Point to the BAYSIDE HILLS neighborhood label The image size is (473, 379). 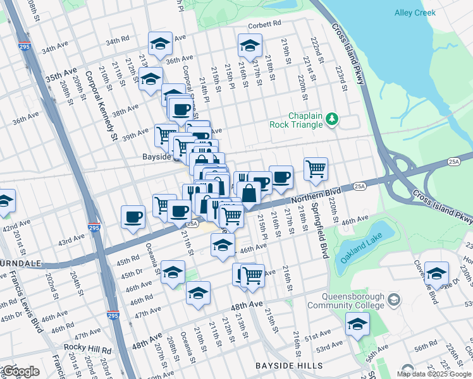pos(288,366)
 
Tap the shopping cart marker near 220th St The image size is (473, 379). pos(316,168)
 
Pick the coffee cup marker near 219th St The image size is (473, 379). pos(281,176)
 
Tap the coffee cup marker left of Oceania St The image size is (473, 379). pos(133,217)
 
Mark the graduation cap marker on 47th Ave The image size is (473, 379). pos(198,292)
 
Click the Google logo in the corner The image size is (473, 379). pos(20,371)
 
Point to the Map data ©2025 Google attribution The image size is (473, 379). pos(434,374)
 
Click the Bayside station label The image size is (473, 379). pos(157,156)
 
